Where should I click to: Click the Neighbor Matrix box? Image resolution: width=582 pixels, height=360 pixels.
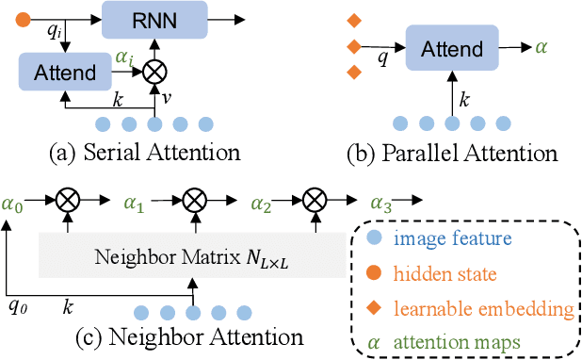click(191, 255)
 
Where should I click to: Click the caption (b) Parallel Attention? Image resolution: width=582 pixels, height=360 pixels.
click(449, 152)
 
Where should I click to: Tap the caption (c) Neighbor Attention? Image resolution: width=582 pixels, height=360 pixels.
click(188, 336)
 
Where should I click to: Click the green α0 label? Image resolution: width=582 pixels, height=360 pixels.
click(13, 202)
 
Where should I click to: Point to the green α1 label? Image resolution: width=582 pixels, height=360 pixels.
click(135, 202)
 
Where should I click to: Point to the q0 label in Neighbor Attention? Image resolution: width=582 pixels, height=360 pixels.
click(17, 306)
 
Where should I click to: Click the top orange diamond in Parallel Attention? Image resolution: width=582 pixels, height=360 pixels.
click(354, 20)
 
